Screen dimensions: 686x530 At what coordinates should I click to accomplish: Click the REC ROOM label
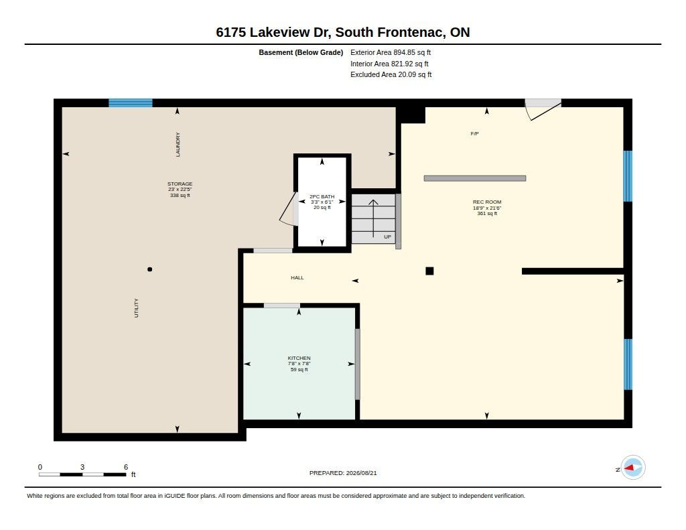click(487, 202)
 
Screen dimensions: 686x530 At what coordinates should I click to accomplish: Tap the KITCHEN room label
click(299, 358)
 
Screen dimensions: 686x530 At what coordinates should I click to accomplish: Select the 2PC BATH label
click(322, 196)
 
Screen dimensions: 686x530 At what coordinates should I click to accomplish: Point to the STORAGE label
click(180, 184)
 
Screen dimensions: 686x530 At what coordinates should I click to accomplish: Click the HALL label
click(297, 277)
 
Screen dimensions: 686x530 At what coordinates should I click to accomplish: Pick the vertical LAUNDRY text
click(178, 145)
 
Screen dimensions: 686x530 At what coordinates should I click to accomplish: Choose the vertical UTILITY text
click(136, 308)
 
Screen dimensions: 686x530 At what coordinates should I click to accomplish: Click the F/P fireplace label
click(475, 133)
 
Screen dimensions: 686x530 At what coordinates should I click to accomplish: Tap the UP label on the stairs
click(388, 237)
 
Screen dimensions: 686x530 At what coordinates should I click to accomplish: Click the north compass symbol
click(632, 468)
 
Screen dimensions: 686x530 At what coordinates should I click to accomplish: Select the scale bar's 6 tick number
click(126, 467)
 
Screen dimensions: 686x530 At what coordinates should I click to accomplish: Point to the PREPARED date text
click(343, 473)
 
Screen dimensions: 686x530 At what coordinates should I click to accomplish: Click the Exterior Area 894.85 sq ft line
click(391, 52)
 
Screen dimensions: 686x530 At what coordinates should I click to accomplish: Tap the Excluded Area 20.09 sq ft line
click(391, 75)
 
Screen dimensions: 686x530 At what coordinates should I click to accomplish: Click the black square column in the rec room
click(429, 271)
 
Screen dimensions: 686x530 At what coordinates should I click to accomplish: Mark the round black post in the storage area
click(150, 269)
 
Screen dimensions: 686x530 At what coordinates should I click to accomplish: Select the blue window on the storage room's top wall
click(131, 103)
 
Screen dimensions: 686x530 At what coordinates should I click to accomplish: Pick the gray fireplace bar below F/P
click(475, 178)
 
